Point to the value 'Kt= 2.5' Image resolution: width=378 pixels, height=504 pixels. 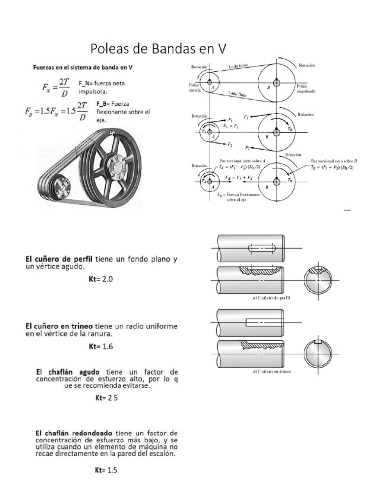[106, 398]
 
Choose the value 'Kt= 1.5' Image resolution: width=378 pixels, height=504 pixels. [106, 470]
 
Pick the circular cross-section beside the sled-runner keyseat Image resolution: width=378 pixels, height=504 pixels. [318, 352]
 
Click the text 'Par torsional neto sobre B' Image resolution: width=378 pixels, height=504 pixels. [335, 161]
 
